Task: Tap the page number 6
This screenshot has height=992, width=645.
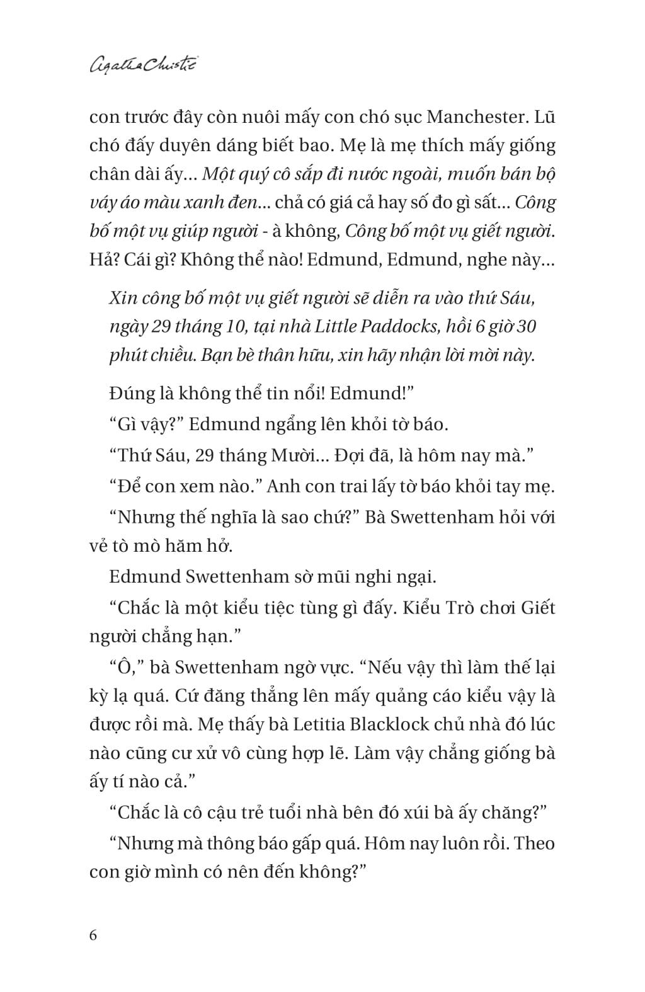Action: point(93,934)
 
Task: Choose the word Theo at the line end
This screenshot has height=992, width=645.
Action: point(534,843)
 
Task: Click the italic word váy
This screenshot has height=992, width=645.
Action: point(104,203)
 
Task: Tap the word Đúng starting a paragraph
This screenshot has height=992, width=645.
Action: point(130,393)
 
